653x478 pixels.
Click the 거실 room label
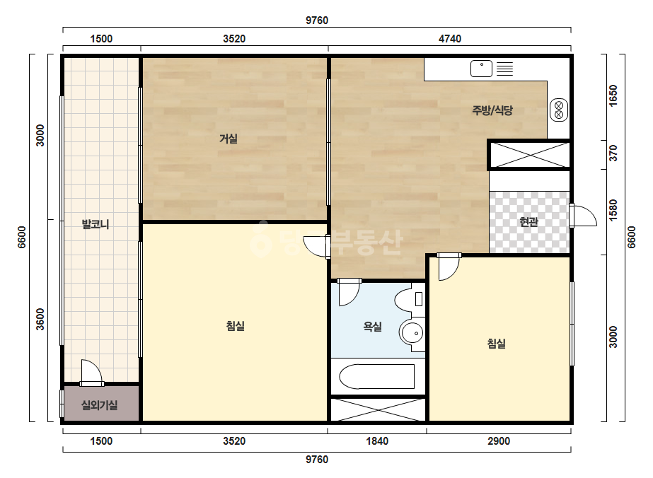point(229,139)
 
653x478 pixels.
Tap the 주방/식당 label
point(492,110)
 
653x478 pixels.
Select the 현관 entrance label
point(529,222)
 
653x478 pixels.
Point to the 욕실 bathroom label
point(372,327)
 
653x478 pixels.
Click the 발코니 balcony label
point(96,224)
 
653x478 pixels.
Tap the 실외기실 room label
point(99,404)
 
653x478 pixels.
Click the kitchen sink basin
point(481,69)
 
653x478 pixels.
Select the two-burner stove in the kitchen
point(559,110)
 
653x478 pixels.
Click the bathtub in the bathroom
point(377,376)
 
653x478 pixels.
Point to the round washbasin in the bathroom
point(412,332)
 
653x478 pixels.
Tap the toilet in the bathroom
point(409,300)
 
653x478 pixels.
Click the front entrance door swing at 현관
point(583,216)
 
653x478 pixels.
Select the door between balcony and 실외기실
point(91,373)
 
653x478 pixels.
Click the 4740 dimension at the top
point(450,39)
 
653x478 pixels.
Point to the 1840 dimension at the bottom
point(377,441)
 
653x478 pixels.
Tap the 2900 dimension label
point(499,441)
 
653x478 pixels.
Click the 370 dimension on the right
point(613,153)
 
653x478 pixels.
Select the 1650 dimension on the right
point(613,95)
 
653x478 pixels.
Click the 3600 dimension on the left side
point(40,320)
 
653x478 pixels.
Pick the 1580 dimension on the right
point(613,211)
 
